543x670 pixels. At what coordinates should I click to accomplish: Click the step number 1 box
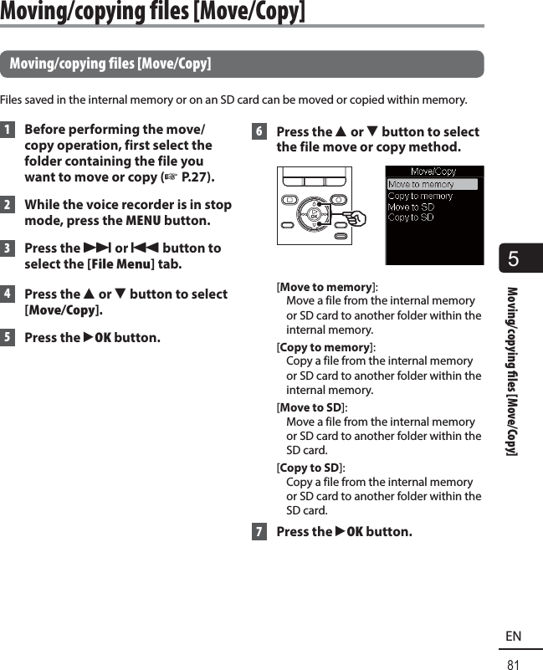(8, 130)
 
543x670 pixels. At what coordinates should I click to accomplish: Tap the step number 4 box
(8, 294)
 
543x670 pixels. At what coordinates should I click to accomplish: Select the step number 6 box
(259, 132)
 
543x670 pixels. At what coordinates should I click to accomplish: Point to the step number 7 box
(259, 532)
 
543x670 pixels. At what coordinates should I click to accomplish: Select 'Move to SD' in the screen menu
(411, 207)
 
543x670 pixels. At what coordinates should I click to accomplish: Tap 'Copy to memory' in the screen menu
(420, 196)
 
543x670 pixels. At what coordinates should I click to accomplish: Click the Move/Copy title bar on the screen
(433, 172)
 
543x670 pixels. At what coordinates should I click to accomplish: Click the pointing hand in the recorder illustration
(356, 218)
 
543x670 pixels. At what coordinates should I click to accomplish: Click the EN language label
(514, 637)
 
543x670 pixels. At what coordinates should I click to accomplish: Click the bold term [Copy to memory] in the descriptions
(325, 347)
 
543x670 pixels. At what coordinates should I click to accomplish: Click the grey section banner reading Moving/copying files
(242, 64)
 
